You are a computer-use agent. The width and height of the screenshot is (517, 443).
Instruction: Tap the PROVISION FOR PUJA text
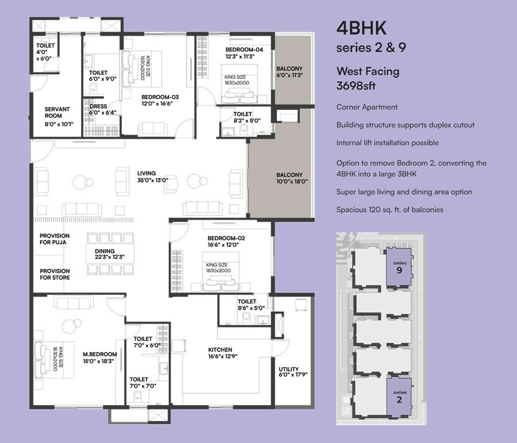click(55, 239)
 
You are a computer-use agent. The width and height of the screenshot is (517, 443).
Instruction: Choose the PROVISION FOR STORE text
click(55, 274)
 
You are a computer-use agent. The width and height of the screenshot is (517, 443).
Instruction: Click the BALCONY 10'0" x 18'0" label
click(292, 178)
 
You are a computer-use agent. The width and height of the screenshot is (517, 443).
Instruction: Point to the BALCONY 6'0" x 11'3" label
click(289, 71)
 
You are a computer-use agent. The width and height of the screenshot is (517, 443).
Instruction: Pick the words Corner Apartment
click(366, 107)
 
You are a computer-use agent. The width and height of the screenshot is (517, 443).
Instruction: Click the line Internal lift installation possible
click(387, 143)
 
